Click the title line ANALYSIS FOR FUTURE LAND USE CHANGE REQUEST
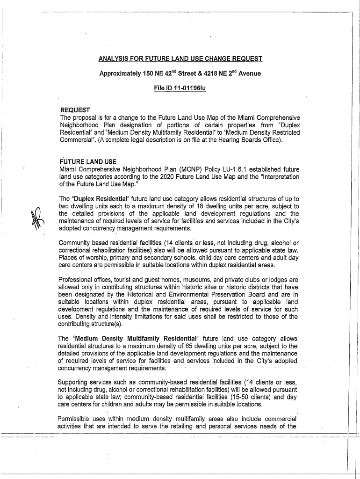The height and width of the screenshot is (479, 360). click(x=180, y=59)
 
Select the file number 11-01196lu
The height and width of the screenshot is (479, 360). click(x=189, y=88)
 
